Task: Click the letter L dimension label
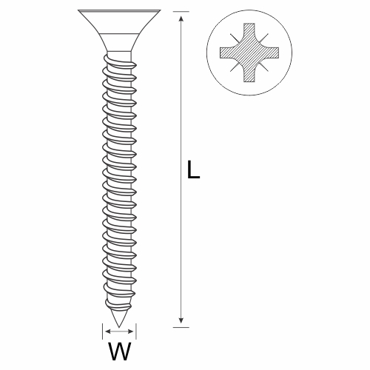point(193,169)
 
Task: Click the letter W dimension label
point(120,351)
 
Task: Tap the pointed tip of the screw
point(119,327)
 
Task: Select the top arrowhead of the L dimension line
point(181,20)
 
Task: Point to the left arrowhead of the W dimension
point(108,332)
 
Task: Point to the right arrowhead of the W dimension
point(130,332)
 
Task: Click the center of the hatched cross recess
point(249,53)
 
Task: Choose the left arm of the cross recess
point(227,53)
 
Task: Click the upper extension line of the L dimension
point(181,11)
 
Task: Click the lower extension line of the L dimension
point(181,327)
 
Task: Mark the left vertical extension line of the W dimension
point(103,332)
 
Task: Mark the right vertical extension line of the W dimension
point(136,332)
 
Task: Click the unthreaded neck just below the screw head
point(119,55)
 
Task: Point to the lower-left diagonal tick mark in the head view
point(235,67)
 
